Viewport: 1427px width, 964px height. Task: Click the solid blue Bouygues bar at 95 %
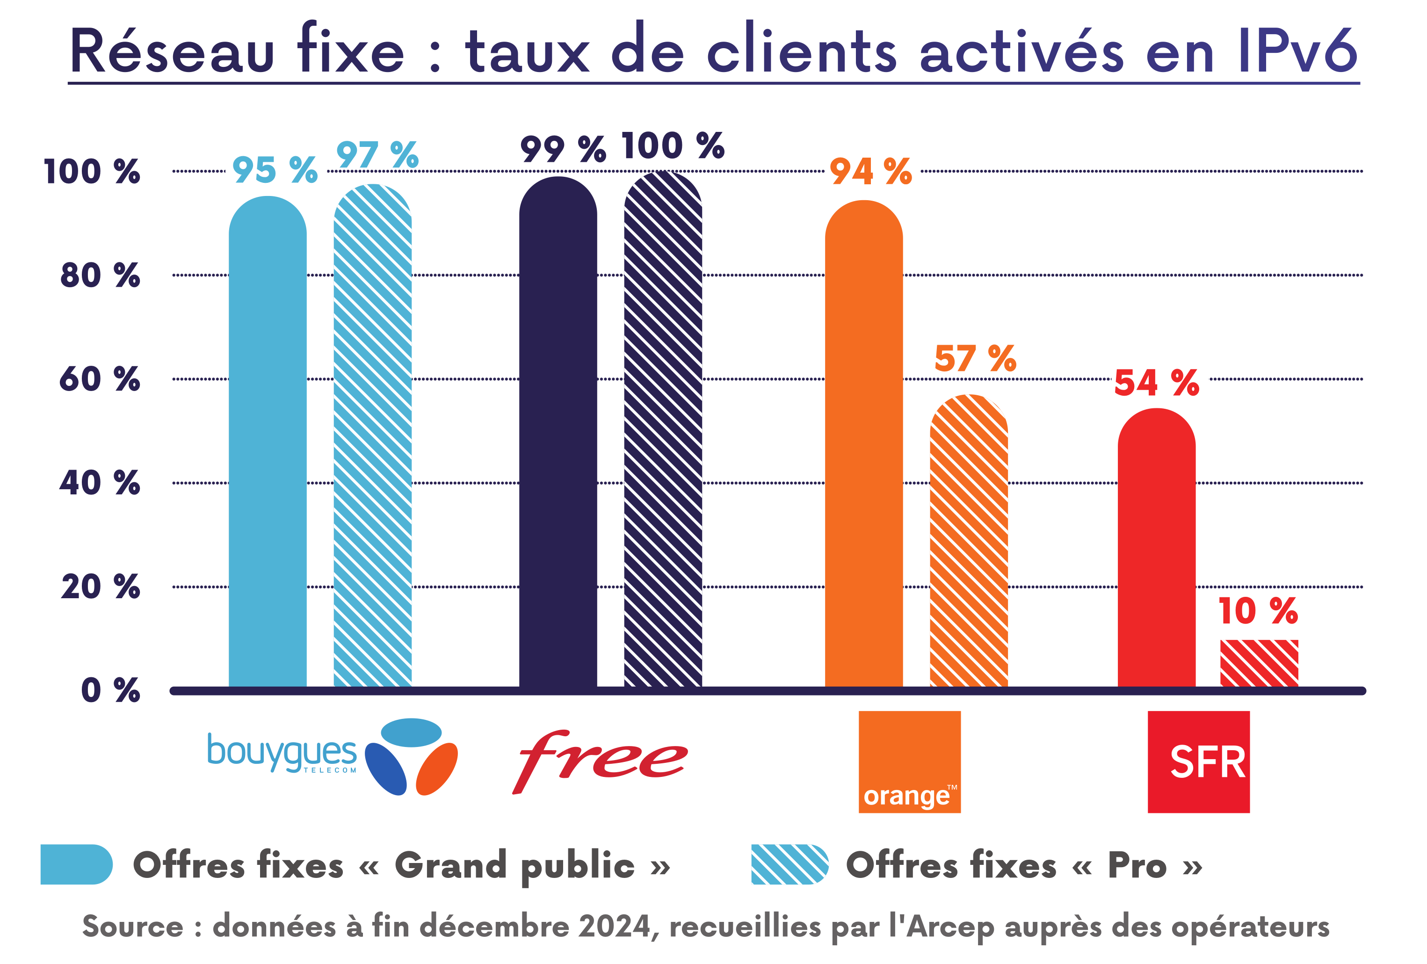click(x=268, y=442)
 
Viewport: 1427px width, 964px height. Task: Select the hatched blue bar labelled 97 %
click(x=373, y=436)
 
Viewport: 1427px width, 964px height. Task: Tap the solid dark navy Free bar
click(x=558, y=433)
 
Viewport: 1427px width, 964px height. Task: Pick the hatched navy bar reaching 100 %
click(x=663, y=430)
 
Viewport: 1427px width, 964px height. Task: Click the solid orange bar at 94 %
click(x=864, y=445)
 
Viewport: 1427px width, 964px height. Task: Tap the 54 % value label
click(x=1157, y=383)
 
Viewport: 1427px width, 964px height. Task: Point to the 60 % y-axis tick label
click(x=100, y=379)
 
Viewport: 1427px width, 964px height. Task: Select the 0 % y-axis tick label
click(x=110, y=690)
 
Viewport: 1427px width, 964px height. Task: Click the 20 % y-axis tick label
click(x=100, y=587)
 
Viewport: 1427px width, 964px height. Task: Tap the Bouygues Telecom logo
click(x=332, y=756)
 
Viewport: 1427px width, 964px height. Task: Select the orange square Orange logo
click(x=909, y=762)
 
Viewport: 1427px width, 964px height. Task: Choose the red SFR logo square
click(x=1199, y=762)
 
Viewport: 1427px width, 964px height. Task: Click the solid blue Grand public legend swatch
click(x=76, y=864)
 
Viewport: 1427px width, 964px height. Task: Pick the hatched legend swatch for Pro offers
click(x=790, y=864)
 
